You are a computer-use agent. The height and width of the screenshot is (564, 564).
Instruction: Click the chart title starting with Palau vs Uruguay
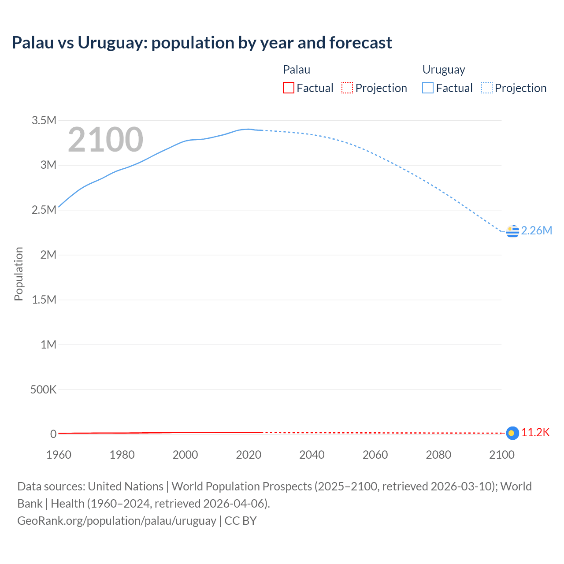pyautogui.click(x=202, y=43)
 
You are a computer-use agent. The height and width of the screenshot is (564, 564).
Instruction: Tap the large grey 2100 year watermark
pyautogui.click(x=105, y=140)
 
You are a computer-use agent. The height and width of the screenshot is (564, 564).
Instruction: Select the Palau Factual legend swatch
pyautogui.click(x=288, y=88)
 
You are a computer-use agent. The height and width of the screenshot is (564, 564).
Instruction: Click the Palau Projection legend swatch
pyautogui.click(x=347, y=88)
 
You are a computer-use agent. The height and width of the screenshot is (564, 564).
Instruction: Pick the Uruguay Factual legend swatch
pyautogui.click(x=428, y=88)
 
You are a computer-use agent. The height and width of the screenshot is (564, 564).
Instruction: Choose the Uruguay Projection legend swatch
pyautogui.click(x=486, y=88)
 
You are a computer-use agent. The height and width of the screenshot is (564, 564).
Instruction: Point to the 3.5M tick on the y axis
pyautogui.click(x=44, y=120)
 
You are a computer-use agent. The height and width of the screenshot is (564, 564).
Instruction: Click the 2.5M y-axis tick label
pyautogui.click(x=44, y=210)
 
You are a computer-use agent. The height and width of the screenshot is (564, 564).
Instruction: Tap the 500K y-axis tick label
pyautogui.click(x=43, y=390)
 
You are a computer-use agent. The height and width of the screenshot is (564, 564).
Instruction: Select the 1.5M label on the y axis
pyautogui.click(x=44, y=300)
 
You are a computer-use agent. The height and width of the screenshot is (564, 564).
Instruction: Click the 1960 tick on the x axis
pyautogui.click(x=59, y=455)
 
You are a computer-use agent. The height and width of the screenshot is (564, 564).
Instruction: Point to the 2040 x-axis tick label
pyautogui.click(x=312, y=455)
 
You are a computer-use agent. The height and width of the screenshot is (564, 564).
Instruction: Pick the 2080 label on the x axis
pyautogui.click(x=438, y=455)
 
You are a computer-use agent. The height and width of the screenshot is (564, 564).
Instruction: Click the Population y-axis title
pyautogui.click(x=19, y=274)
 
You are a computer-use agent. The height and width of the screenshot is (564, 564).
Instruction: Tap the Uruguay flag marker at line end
pyautogui.click(x=512, y=231)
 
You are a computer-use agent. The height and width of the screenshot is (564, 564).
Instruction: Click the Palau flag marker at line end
pyautogui.click(x=512, y=433)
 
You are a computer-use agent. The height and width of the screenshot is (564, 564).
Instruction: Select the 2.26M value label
pyautogui.click(x=536, y=230)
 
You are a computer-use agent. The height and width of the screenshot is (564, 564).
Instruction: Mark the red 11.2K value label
pyautogui.click(x=535, y=432)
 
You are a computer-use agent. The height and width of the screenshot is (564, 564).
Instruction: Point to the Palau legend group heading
pyautogui.click(x=297, y=70)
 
